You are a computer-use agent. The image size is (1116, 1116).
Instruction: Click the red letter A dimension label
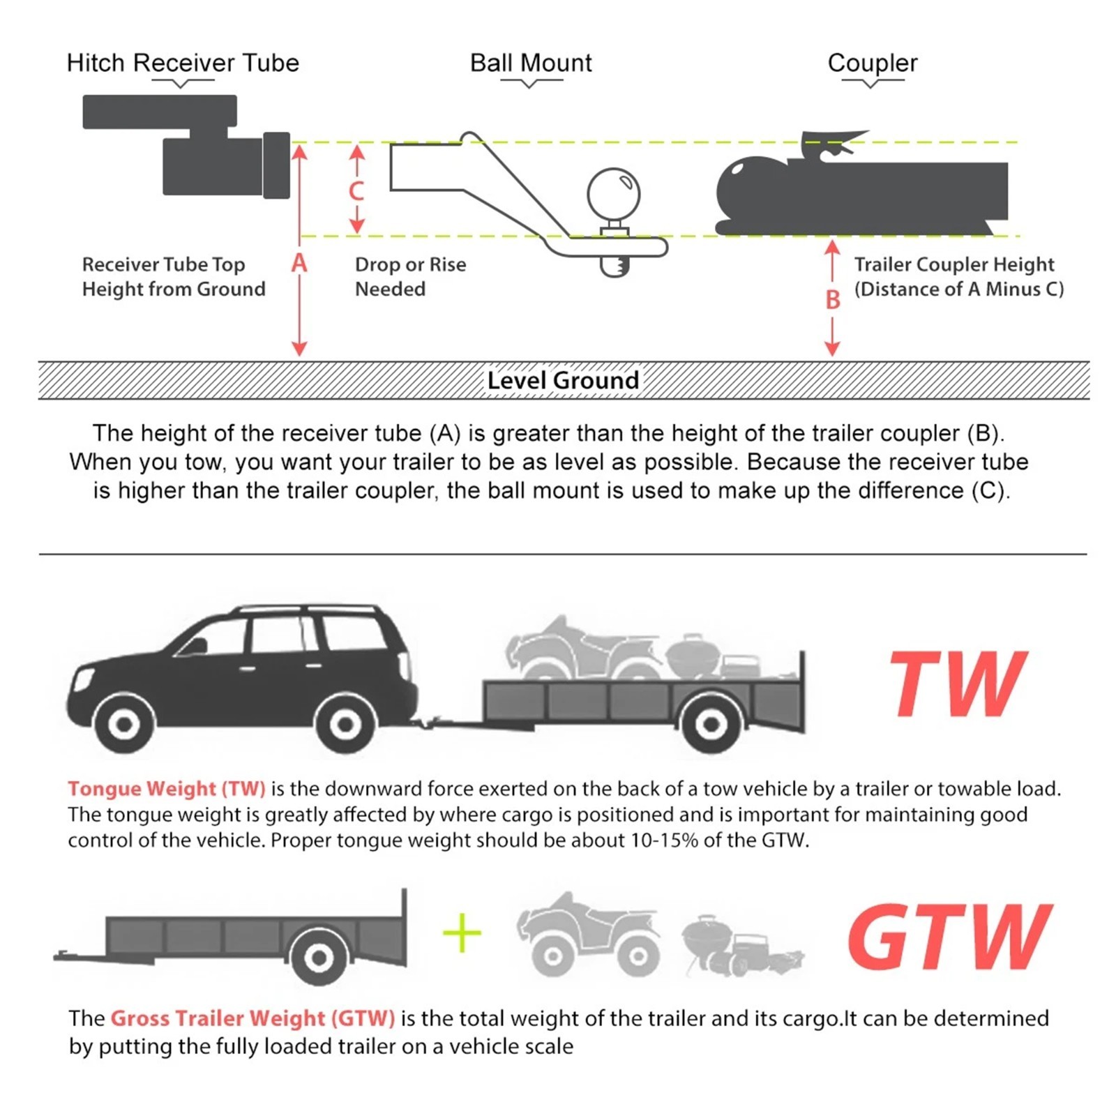click(299, 263)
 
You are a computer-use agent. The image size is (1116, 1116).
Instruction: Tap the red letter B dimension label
click(832, 300)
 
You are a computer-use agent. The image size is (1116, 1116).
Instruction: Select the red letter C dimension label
click(356, 190)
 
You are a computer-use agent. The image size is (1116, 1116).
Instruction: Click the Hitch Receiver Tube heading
click(183, 63)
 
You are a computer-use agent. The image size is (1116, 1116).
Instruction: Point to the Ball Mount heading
click(531, 63)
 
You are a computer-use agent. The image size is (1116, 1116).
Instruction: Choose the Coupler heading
click(872, 63)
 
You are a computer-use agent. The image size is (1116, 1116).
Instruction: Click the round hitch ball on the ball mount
click(614, 193)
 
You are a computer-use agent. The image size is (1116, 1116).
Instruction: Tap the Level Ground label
click(563, 381)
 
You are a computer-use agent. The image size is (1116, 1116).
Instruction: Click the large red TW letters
click(957, 684)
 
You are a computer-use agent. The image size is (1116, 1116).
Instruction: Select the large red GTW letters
click(949, 937)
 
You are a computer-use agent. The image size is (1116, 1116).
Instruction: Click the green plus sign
click(462, 933)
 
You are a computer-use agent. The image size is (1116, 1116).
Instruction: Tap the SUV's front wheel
click(124, 724)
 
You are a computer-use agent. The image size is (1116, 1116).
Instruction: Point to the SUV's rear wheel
click(345, 724)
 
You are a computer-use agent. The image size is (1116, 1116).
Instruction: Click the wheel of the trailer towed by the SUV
click(711, 723)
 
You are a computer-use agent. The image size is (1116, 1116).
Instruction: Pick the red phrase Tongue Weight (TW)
click(167, 789)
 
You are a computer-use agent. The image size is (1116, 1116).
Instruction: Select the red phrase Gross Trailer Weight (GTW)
click(252, 1018)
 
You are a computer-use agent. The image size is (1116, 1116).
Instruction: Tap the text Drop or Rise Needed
click(410, 276)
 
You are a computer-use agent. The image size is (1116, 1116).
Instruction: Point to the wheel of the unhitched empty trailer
click(319, 957)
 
